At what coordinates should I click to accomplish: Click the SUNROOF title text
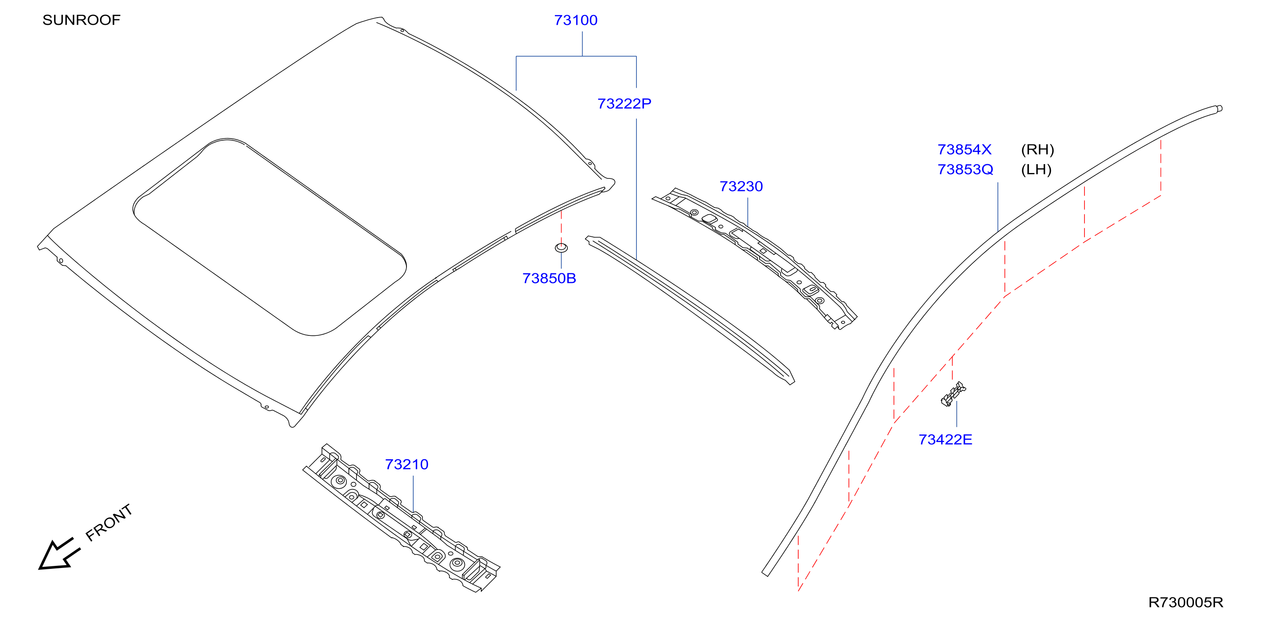coord(82,20)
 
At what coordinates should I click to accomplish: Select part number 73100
coord(576,20)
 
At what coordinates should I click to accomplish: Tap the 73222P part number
coord(624,104)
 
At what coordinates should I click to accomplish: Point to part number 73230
coord(741,186)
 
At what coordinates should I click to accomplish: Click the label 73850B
coord(549,278)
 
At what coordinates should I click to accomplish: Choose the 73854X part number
coord(964,149)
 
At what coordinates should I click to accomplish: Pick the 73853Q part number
coord(966,170)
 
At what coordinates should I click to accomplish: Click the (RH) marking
coord(1037,149)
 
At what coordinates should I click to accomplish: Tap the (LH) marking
coord(1036,170)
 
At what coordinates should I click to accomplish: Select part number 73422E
coord(945,440)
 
